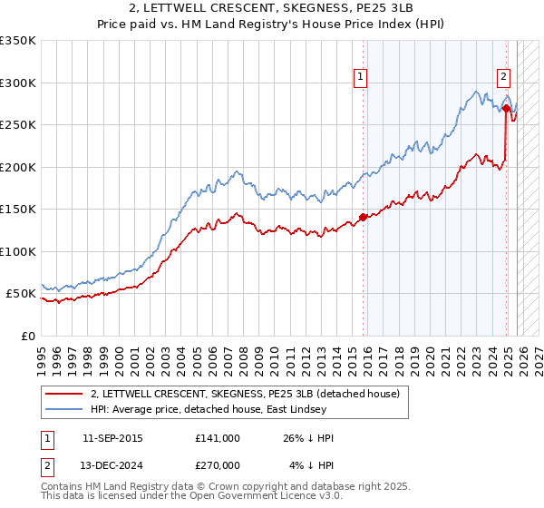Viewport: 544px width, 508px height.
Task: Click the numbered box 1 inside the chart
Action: pyautogui.click(x=361, y=78)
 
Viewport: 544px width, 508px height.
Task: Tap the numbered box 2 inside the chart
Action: pyautogui.click(x=503, y=78)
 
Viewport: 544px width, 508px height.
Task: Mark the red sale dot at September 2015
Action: pyautogui.click(x=363, y=217)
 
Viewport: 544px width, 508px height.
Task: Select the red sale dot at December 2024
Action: pyautogui.click(x=506, y=108)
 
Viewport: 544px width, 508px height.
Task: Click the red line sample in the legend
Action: pyautogui.click(x=64, y=394)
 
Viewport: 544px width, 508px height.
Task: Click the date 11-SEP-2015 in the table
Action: pyautogui.click(x=112, y=438)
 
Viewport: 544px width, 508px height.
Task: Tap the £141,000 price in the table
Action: pyautogui.click(x=218, y=438)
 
